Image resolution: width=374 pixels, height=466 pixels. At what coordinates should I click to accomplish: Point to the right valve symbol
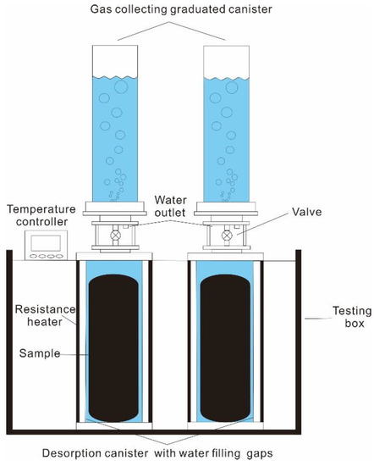(226, 236)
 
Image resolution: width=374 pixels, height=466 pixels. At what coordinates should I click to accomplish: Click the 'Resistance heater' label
(39, 316)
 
